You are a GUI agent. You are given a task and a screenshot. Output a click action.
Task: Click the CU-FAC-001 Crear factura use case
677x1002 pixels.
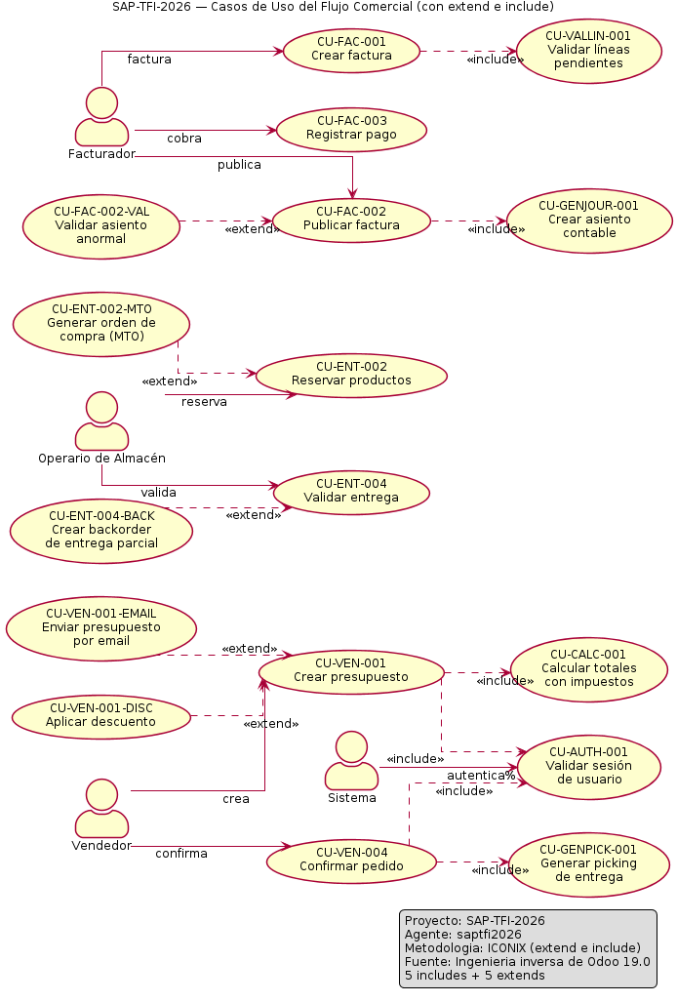point(351,50)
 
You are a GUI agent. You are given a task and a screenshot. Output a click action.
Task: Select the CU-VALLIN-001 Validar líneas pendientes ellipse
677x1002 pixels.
point(588,51)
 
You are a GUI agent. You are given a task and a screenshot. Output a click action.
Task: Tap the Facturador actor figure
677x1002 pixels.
point(101,117)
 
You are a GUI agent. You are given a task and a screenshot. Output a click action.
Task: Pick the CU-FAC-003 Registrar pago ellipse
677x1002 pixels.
point(351,130)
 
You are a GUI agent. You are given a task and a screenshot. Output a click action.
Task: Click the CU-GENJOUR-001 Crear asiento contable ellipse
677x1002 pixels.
point(589,220)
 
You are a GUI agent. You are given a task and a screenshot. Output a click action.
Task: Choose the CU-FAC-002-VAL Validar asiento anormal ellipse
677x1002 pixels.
point(100,226)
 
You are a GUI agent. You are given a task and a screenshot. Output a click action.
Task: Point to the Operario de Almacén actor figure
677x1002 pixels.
point(101,421)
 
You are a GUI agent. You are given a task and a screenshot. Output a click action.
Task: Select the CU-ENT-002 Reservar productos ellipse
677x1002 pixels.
point(351,375)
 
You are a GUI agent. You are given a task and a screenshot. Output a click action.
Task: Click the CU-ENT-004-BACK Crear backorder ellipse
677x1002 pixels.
point(100,531)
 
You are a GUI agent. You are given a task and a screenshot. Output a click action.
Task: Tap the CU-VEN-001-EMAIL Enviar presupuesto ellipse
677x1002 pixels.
point(100,628)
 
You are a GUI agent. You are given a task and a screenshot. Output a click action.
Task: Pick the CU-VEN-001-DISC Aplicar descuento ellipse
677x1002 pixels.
point(100,716)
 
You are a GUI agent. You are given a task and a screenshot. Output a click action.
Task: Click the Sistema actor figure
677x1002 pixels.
point(351,760)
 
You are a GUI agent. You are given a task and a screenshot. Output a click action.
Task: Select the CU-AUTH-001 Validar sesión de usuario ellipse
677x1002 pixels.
point(589,766)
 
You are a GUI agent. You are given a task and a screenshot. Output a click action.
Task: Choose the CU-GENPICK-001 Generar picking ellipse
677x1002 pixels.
point(589,864)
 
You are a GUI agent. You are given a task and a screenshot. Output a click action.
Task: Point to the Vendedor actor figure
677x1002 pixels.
point(101,809)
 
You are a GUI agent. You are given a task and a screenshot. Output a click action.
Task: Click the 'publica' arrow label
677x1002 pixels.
point(239,165)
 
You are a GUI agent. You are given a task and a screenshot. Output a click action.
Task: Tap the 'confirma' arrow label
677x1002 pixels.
point(181,854)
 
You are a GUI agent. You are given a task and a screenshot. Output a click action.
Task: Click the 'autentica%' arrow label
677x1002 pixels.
point(481,776)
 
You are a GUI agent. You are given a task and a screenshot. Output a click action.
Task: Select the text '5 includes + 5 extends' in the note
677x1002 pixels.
point(474,976)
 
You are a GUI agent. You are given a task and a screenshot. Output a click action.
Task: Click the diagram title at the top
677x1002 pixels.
point(333,7)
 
